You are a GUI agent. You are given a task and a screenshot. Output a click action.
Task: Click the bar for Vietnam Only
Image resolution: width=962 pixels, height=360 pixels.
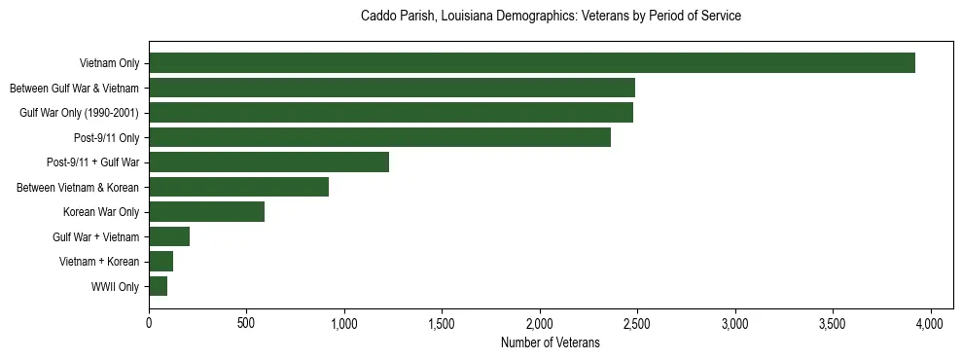(x=531, y=63)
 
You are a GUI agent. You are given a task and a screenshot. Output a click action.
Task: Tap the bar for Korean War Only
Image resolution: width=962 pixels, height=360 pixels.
(x=206, y=212)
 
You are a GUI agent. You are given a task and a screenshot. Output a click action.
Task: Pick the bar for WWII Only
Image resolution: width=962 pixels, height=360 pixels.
(x=158, y=286)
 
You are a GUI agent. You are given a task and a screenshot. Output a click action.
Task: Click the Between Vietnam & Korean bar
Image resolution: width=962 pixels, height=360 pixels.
(x=238, y=187)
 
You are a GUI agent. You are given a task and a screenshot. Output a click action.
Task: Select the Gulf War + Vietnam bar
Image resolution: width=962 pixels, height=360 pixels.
(x=169, y=236)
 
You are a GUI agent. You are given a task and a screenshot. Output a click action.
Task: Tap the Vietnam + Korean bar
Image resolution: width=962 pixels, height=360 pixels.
(x=160, y=262)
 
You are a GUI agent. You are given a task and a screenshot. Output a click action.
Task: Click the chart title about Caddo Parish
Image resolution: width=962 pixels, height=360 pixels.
(x=551, y=17)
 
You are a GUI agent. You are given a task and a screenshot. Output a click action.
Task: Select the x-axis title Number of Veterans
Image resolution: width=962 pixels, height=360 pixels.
(x=550, y=342)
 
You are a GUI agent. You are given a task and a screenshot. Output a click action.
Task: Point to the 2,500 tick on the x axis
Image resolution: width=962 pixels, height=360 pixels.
(x=637, y=323)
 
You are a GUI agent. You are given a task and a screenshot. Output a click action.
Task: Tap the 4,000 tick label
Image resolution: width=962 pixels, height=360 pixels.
(x=931, y=323)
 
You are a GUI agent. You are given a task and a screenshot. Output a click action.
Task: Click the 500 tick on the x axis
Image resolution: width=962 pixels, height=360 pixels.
(x=246, y=323)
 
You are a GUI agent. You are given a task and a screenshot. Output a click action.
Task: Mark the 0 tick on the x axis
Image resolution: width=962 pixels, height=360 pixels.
(x=149, y=323)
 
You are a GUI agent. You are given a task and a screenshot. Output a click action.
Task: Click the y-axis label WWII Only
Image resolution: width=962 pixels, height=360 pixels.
(x=115, y=287)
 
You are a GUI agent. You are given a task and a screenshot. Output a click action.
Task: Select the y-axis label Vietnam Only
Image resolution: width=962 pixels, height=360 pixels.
(x=110, y=64)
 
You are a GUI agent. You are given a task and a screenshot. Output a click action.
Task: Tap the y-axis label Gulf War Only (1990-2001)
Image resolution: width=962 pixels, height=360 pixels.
(x=79, y=113)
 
